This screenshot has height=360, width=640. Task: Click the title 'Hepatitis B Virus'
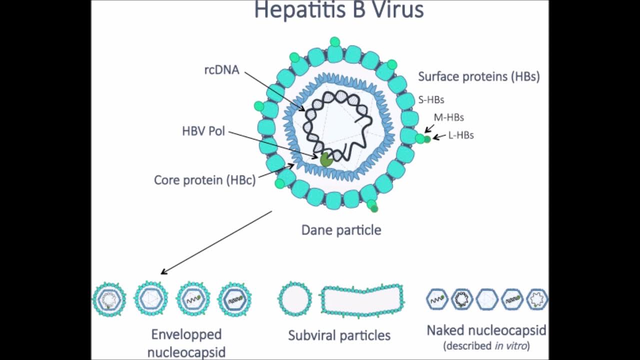point(339,10)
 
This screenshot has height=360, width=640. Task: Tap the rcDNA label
point(221,70)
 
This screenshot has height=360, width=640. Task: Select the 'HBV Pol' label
point(203,131)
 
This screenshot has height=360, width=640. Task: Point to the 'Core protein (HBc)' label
point(204,180)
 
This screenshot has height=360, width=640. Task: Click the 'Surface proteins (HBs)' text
point(478,76)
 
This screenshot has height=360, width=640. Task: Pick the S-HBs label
point(431,100)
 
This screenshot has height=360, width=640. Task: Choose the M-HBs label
point(448,117)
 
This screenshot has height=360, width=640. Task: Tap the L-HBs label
point(460,135)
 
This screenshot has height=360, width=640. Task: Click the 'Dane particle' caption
point(341,230)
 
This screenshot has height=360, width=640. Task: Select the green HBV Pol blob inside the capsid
point(326,160)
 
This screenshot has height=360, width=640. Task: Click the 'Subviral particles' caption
point(339,335)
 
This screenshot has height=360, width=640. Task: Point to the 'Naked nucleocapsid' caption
point(486,330)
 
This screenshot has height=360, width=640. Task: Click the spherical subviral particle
point(294,299)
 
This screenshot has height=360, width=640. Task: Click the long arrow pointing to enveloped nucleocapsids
point(216,242)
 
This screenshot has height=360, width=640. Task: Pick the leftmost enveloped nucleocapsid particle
point(108,299)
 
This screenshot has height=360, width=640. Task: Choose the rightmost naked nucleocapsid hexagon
point(537,299)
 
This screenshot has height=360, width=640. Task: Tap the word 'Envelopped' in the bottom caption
point(186,334)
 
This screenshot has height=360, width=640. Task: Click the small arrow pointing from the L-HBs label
point(439,136)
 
